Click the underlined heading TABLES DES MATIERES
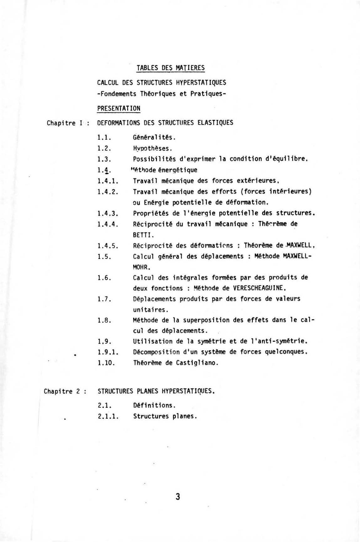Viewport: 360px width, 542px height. (x=170, y=68)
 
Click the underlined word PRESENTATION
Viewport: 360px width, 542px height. (x=118, y=108)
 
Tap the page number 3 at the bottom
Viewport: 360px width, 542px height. (x=178, y=496)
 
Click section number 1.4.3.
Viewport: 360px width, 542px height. (x=107, y=213)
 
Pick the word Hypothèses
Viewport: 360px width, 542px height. (x=152, y=148)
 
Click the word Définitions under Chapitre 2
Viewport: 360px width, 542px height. (x=154, y=405)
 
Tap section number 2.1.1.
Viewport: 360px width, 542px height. (x=107, y=416)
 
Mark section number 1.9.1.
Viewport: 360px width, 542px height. (x=107, y=352)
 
